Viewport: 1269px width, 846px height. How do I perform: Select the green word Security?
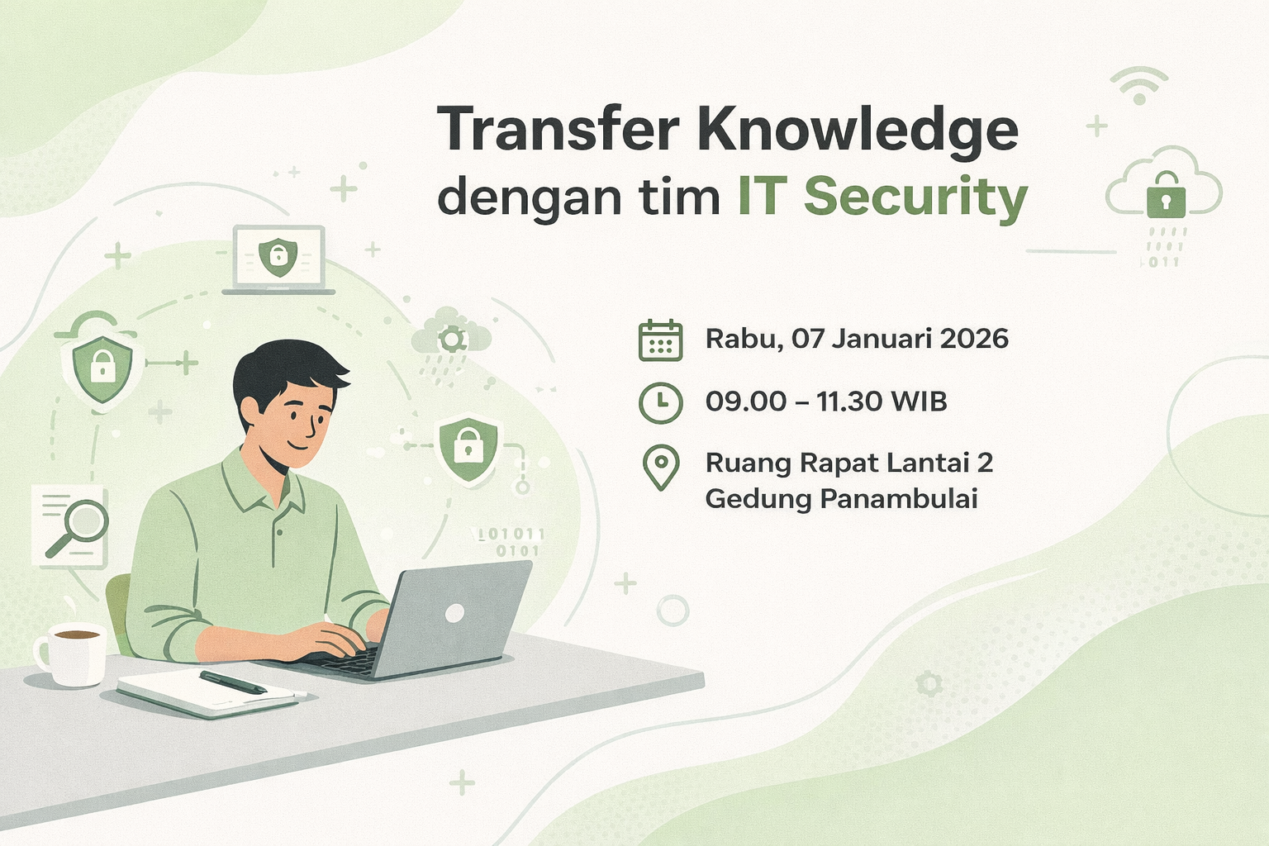tap(915, 198)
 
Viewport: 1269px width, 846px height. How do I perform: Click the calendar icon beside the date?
tap(660, 340)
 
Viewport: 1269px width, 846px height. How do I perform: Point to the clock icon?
tap(660, 402)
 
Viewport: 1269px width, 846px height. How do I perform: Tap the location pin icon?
tap(660, 468)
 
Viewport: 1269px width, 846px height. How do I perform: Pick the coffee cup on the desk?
tap(72, 654)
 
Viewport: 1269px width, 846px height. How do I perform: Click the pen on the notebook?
tap(233, 682)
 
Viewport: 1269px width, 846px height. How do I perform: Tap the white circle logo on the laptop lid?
tap(454, 613)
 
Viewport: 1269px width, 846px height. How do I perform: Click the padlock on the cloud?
tap(1165, 195)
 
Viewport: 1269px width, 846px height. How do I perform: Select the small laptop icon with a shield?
tap(278, 259)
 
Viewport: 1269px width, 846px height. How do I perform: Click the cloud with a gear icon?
tap(451, 335)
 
